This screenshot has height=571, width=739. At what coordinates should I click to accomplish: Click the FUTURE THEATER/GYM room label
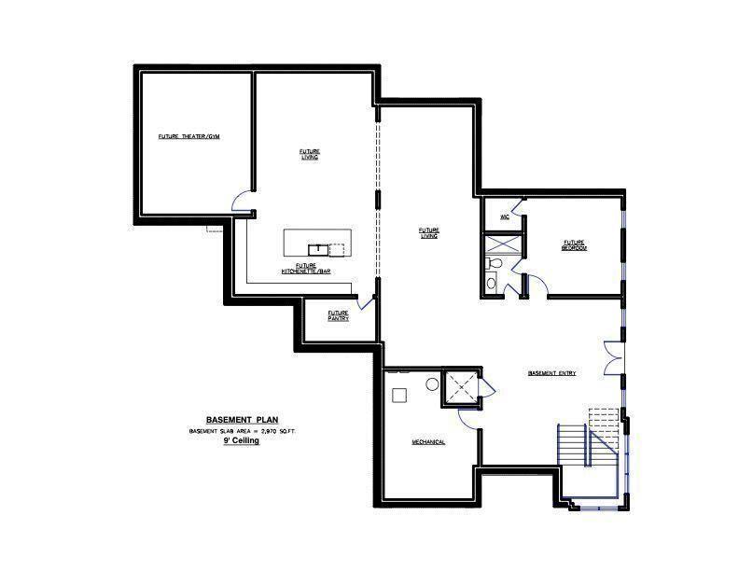point(188,137)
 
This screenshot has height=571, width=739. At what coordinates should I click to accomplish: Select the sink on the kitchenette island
point(317,248)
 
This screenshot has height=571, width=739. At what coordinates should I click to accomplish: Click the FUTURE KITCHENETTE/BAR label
point(306,269)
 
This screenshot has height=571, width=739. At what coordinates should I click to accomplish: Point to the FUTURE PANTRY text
point(338,315)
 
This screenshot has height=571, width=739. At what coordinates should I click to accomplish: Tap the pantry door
point(366,303)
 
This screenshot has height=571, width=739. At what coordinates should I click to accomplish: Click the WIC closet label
point(504,216)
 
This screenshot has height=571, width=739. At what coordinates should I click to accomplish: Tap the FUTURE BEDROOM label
point(573,244)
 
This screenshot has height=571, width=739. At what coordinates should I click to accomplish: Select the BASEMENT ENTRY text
point(551,373)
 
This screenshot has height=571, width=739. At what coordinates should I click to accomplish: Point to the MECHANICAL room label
point(428,441)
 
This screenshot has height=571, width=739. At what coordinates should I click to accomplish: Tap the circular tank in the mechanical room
point(433,383)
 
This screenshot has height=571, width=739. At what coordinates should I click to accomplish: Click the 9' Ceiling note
point(241,440)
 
